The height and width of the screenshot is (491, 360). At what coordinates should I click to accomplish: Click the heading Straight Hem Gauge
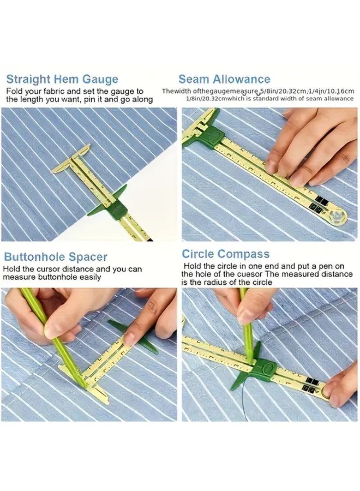(62, 79)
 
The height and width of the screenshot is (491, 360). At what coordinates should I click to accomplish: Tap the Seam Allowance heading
(224, 79)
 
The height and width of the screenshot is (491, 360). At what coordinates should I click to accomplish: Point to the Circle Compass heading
(226, 254)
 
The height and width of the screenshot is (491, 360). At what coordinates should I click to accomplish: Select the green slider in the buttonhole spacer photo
(134, 336)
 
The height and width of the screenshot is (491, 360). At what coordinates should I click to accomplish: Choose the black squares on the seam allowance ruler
(318, 205)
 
